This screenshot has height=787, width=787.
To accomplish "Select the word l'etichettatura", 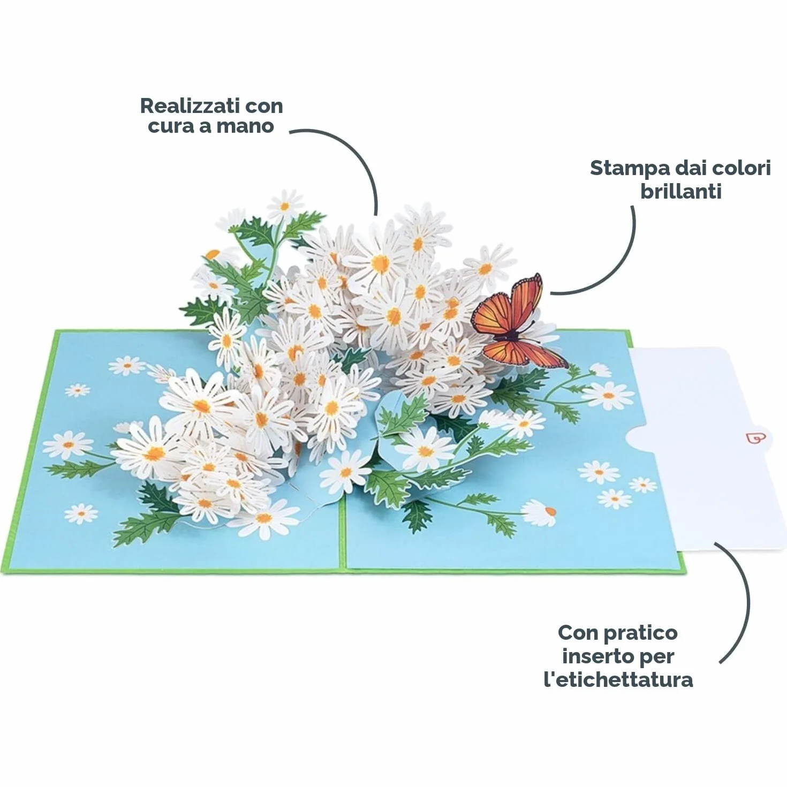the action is (618, 680).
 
